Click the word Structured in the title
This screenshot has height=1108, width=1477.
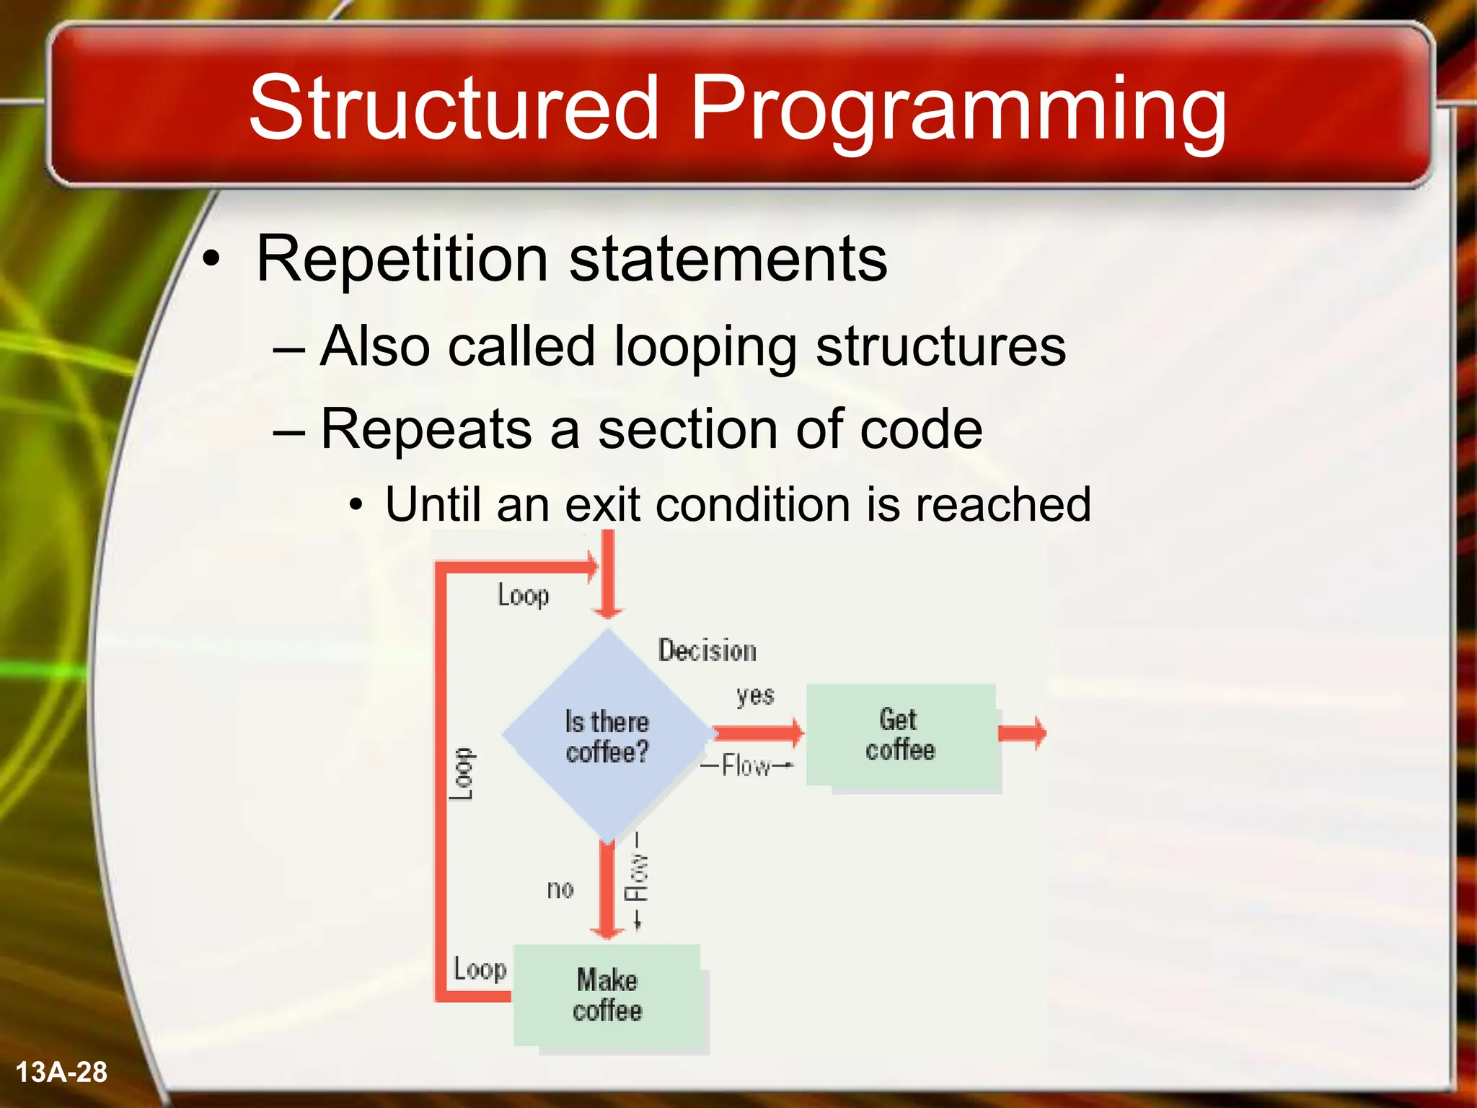click(454, 108)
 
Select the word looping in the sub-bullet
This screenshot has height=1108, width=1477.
click(705, 348)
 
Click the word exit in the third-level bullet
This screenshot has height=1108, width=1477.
click(601, 504)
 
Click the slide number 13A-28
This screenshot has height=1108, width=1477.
click(61, 1072)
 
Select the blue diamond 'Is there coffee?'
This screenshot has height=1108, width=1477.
click(607, 736)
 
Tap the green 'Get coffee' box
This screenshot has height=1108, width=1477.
click(901, 736)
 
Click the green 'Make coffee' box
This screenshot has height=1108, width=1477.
click(607, 995)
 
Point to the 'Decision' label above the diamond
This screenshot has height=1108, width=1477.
click(707, 651)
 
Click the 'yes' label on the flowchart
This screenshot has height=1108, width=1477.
click(755, 696)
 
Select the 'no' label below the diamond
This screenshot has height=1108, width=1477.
click(560, 889)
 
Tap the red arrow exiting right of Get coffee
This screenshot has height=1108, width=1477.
click(1023, 733)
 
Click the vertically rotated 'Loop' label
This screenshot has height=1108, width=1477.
click(462, 773)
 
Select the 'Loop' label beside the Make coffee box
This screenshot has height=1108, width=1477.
click(480, 969)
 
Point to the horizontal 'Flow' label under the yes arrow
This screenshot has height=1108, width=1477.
click(746, 765)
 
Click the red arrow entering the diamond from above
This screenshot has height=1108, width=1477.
click(607, 577)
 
